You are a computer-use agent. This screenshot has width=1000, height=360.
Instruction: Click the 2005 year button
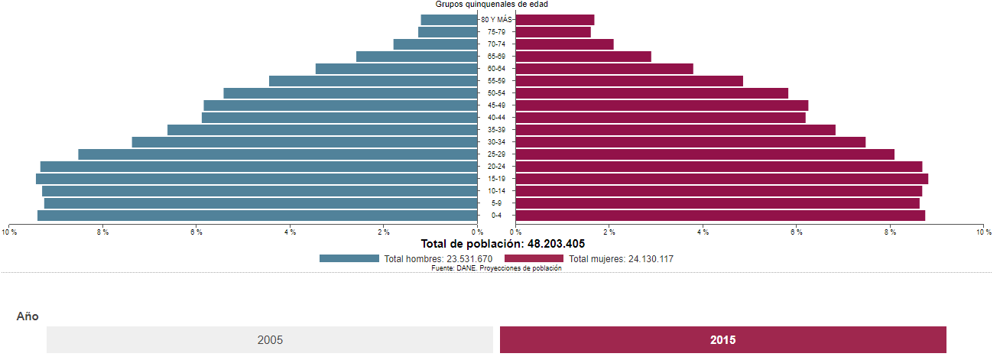pyautogui.click(x=270, y=339)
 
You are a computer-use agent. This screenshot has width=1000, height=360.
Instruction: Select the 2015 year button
pyautogui.click(x=722, y=339)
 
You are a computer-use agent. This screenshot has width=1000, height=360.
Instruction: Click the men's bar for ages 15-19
pyautogui.click(x=256, y=179)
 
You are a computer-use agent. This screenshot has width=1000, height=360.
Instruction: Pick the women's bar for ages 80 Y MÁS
pyautogui.click(x=555, y=20)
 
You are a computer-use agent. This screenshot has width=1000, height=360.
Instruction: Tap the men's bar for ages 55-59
pyautogui.click(x=373, y=81)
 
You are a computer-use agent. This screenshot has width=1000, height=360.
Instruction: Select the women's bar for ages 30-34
pyautogui.click(x=690, y=142)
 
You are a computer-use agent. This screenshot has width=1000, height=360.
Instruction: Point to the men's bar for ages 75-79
pyautogui.click(x=447, y=32)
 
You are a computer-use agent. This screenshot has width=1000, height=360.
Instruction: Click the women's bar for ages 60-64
pyautogui.click(x=604, y=69)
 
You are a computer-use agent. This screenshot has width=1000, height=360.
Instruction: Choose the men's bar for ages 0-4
pyautogui.click(x=257, y=216)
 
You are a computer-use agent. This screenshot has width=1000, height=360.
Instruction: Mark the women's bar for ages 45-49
pyautogui.click(x=662, y=105)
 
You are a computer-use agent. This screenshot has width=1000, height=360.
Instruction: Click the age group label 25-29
pyautogui.click(x=496, y=154)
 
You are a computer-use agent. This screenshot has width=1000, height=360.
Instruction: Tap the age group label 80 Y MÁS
pyautogui.click(x=496, y=20)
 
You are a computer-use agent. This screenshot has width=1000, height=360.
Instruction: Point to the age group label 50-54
pyautogui.click(x=496, y=93)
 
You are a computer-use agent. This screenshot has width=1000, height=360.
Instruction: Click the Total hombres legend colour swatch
pyautogui.click(x=349, y=258)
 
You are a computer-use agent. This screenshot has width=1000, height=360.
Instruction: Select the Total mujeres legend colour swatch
pyautogui.click(x=534, y=258)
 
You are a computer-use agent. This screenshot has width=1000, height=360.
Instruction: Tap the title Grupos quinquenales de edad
pyautogui.click(x=492, y=5)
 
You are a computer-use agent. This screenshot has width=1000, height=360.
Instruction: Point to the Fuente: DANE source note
pyautogui.click(x=496, y=268)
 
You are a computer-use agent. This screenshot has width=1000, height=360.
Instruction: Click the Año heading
pyautogui.click(x=28, y=316)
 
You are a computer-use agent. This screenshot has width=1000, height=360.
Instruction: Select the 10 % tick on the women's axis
pyautogui.click(x=983, y=232)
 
